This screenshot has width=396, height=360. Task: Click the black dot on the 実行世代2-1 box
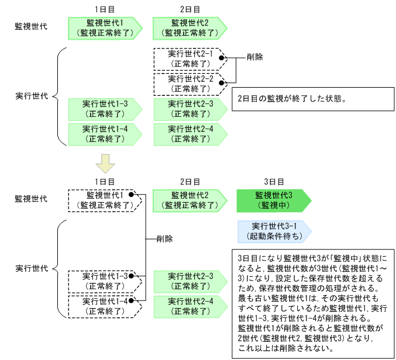222,58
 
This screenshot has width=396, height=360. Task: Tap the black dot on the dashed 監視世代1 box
133,195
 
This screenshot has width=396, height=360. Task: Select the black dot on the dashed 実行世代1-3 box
133,275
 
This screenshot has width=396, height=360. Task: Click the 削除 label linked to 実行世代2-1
254,58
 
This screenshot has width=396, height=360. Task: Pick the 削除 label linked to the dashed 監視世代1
164,239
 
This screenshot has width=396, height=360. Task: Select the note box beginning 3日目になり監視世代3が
311,302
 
